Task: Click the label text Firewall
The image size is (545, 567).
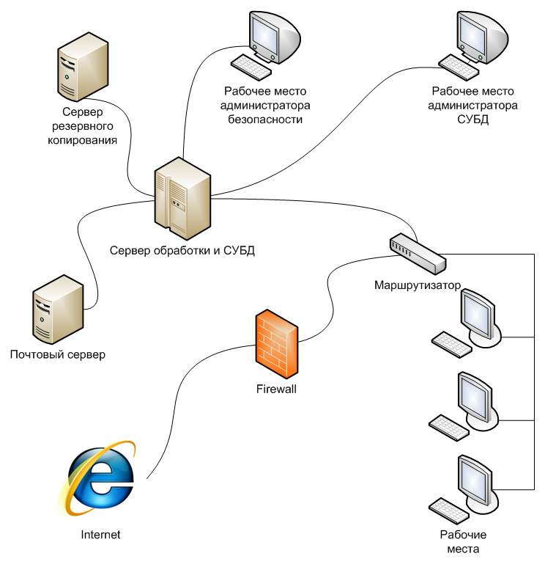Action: pos(276,389)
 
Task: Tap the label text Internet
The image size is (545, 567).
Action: pos(100,535)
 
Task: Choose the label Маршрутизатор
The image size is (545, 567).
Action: pos(417,284)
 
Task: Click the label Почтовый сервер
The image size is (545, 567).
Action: pos(58,355)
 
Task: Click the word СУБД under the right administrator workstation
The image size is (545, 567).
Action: pos(474,119)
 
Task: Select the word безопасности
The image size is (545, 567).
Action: pos(265,119)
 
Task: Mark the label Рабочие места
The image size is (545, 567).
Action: pos(463,542)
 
